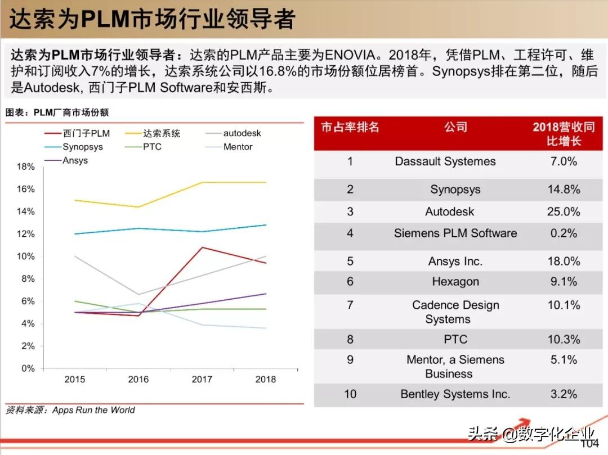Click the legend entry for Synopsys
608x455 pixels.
pyautogui.click(x=82, y=147)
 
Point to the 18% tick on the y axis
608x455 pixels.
pyautogui.click(x=26, y=166)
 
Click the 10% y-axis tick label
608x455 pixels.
pyautogui.click(x=26, y=256)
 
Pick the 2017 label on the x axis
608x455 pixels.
pyautogui.click(x=202, y=380)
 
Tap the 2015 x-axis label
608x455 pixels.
pyautogui.click(x=75, y=380)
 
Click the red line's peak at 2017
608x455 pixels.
pyautogui.click(x=202, y=247)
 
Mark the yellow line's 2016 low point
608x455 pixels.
pyautogui.click(x=138, y=207)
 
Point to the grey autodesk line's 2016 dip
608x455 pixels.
pyautogui.click(x=138, y=294)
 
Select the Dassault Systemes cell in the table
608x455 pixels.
pyautogui.click(x=445, y=161)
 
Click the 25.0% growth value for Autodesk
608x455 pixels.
pyautogui.click(x=564, y=212)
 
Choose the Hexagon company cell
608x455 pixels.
pyautogui.click(x=455, y=282)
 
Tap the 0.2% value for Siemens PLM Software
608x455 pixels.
pyautogui.click(x=564, y=233)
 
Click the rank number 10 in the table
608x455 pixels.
pyautogui.click(x=350, y=394)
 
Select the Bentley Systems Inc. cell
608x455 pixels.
pyautogui.click(x=455, y=394)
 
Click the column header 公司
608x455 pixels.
pyautogui.click(x=455, y=127)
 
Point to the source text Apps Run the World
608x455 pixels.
pyautogui.click(x=93, y=410)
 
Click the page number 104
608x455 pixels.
pyautogui.click(x=589, y=444)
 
